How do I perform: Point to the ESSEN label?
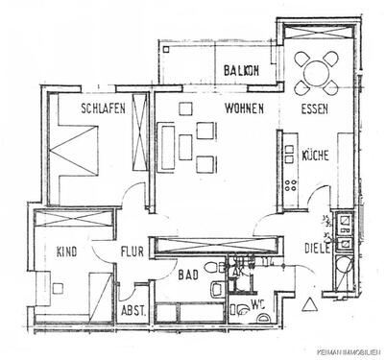pos(315,108)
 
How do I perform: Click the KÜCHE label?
pos(316,154)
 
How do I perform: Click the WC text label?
pos(257,305)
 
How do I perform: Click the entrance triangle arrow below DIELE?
pos(309,304)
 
